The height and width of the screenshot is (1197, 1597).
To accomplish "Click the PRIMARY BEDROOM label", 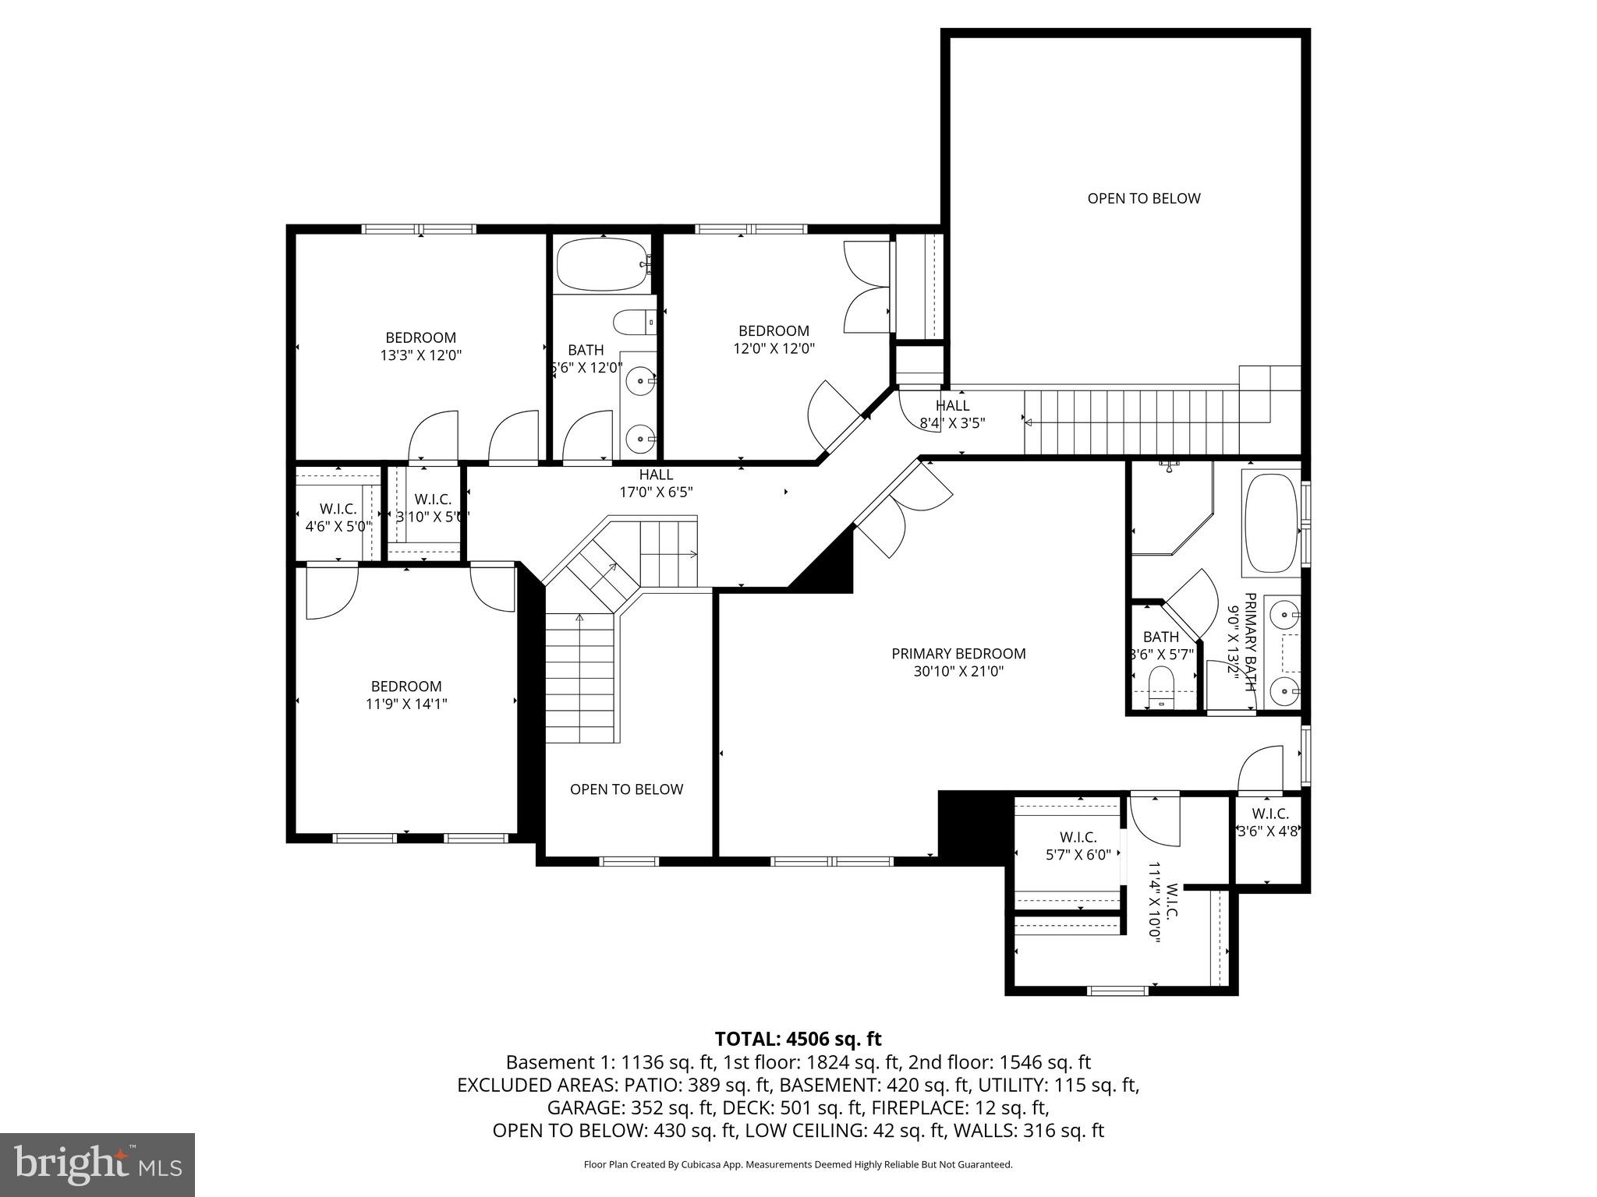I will point(958,653).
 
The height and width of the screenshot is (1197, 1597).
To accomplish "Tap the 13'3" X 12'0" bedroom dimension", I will point(421,355).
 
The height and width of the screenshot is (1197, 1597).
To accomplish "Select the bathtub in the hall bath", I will point(601,263).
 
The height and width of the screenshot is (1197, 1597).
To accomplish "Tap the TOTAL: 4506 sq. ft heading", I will point(798,1038).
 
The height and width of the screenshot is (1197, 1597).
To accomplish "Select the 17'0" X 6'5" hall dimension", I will point(656,492).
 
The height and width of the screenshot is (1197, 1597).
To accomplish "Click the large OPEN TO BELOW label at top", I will point(1143,198).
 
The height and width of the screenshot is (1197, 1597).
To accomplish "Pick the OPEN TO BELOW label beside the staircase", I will point(626,789).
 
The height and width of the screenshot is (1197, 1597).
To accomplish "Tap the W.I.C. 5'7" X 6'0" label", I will point(1078,846).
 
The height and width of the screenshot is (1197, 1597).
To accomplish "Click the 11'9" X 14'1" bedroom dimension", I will point(406,704).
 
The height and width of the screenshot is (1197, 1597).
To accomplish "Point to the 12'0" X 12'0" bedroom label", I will point(774,340).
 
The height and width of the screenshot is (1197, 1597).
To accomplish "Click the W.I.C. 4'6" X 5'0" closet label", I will point(338,517).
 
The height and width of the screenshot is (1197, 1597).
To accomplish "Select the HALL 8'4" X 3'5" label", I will point(952,414).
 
